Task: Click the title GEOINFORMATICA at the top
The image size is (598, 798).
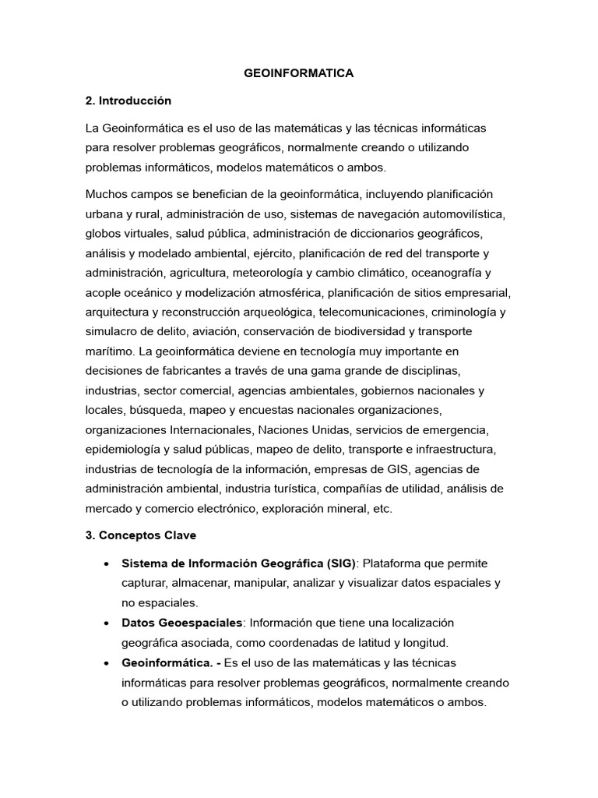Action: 299,73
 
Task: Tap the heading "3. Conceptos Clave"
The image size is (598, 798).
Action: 141,536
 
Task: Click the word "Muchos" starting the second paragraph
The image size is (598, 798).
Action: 107,193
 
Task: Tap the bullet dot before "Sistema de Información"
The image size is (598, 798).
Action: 104,563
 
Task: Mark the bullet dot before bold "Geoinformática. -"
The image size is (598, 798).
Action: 104,662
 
